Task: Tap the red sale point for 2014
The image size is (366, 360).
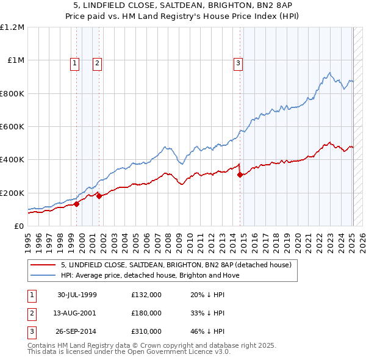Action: click(240, 175)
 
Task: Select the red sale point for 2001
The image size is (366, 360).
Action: click(99, 196)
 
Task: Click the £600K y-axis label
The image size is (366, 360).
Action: click(13, 127)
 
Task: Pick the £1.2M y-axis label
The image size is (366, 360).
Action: click(13, 27)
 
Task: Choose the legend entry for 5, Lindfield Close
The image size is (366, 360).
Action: click(176, 265)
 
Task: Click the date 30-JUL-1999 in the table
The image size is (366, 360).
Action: click(77, 295)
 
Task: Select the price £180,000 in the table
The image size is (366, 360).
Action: click(146, 313)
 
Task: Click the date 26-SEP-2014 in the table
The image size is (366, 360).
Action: click(77, 331)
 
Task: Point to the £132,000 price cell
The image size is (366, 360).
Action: click(146, 295)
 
